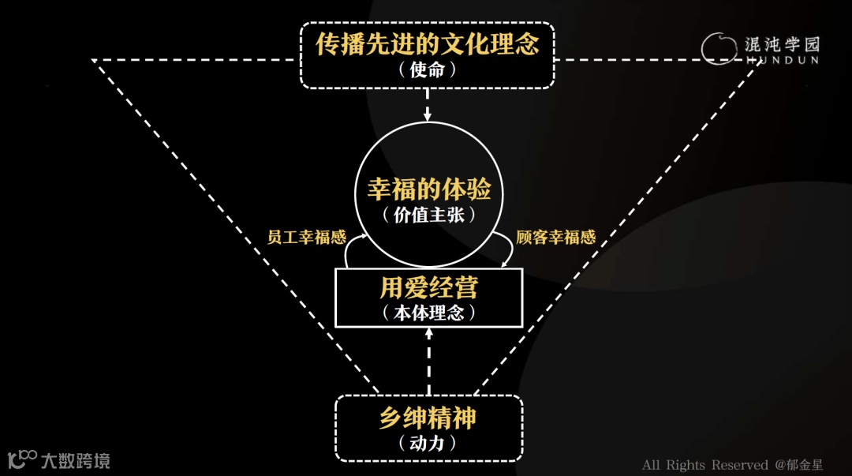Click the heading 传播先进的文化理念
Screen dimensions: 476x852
coord(428,44)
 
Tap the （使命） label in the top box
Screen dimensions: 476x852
coord(428,70)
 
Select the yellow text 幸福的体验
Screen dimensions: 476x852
coord(428,189)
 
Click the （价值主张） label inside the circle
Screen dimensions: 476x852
coord(428,215)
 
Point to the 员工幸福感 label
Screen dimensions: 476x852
coord(306,238)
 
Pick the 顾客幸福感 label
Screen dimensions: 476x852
coord(555,238)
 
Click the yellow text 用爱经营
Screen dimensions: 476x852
coord(428,287)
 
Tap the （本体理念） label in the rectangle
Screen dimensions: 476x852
coord(428,313)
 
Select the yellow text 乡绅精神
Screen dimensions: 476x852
coord(428,418)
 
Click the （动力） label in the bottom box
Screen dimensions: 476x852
coord(428,444)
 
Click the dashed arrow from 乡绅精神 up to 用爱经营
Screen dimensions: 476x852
coord(428,362)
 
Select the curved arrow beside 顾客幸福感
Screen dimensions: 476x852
coord(506,251)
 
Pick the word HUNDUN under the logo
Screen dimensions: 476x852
coord(782,60)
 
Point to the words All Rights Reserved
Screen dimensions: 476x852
coord(704,465)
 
